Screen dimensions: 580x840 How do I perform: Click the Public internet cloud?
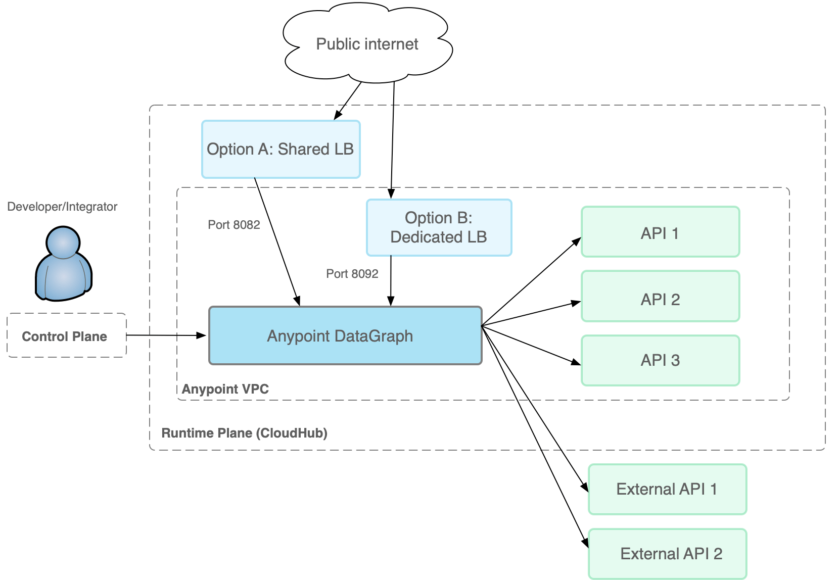point(367,44)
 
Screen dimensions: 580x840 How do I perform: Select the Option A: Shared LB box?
point(281,150)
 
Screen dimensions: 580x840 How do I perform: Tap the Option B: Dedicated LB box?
point(439,227)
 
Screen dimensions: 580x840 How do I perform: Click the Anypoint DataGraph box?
point(345,335)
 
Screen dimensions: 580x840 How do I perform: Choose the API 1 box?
point(660,232)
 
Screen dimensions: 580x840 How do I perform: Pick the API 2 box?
point(660,297)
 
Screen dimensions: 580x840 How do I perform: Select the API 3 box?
point(660,360)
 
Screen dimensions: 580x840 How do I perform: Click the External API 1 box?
point(667,489)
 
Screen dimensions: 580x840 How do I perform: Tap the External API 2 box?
point(667,554)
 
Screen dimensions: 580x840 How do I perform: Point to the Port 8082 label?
point(234,225)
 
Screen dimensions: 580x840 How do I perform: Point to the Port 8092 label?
point(352,274)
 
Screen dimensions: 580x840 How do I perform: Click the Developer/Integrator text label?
point(62,207)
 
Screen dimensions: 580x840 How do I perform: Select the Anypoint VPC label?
point(225,389)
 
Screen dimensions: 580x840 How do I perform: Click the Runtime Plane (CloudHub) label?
point(244,433)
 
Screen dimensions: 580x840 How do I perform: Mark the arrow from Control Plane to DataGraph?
point(167,335)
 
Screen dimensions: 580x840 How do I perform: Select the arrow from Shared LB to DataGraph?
point(277,241)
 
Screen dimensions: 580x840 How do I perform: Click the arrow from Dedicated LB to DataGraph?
point(391,280)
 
